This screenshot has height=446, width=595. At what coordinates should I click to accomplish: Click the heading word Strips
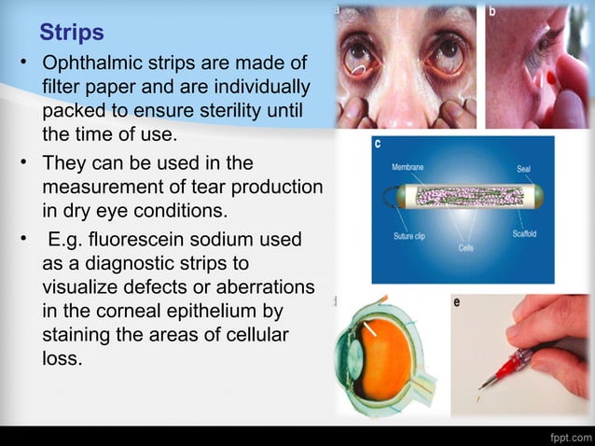71,34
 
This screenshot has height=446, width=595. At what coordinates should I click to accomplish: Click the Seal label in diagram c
524,169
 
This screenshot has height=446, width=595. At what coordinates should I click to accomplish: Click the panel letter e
457,302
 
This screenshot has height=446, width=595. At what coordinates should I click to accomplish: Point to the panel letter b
492,11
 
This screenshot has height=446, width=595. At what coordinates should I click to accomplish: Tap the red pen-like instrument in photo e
509,367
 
